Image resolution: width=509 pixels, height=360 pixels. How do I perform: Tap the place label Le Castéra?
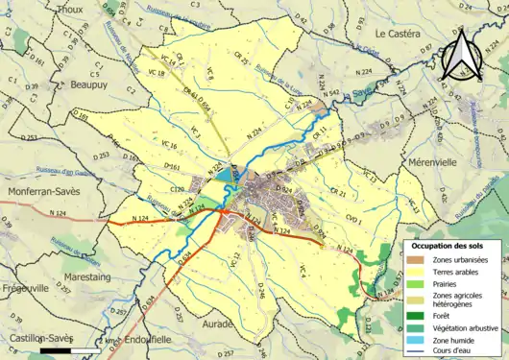[399, 34]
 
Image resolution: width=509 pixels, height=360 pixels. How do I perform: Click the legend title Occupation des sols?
[451, 246]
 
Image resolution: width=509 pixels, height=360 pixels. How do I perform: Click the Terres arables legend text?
[455, 273]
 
